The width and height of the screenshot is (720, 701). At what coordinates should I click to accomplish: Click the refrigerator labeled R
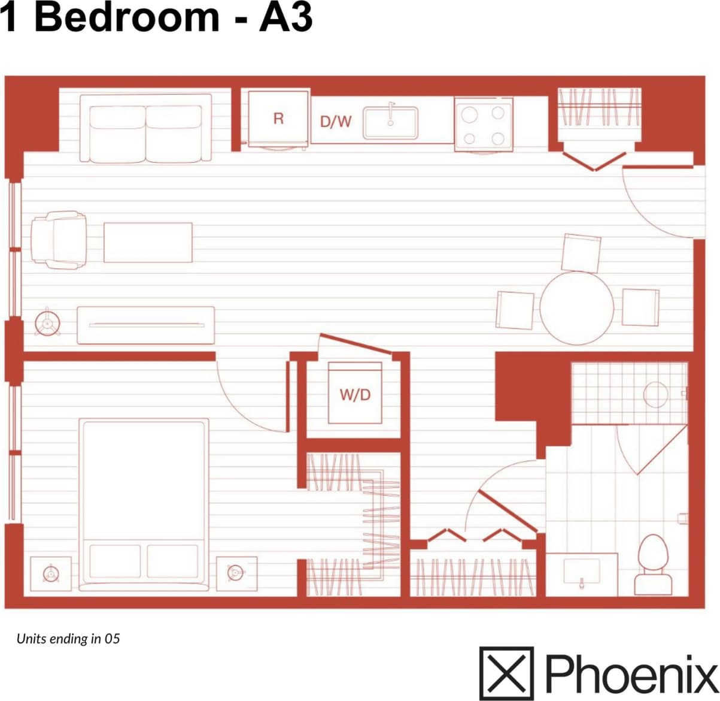point(278,119)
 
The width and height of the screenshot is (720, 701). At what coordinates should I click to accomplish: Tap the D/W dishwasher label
point(336,122)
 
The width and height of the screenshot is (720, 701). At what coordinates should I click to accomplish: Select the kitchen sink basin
point(390,122)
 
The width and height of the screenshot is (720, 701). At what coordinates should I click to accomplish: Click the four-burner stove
point(484,125)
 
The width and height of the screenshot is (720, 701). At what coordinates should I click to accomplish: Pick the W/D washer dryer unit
point(355,394)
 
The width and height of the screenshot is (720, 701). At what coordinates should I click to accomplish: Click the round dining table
point(576,308)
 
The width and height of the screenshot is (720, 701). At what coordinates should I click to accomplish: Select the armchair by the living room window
point(59,240)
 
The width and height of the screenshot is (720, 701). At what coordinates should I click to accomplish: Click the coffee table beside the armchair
point(148,242)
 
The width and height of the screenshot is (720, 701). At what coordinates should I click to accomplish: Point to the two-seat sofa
point(145,128)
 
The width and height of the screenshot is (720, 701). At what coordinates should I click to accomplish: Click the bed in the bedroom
point(144,500)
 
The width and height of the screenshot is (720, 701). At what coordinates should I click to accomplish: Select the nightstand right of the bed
point(236,573)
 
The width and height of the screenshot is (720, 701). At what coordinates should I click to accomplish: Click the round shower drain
point(656,395)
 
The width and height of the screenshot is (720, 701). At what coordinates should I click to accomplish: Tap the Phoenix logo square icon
point(506,673)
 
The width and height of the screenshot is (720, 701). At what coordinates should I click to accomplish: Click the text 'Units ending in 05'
point(68,639)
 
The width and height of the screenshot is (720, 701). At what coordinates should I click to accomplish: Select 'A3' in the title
point(285,17)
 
